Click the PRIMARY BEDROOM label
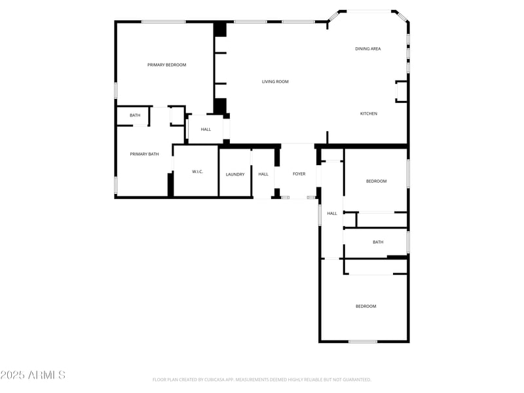(166, 65)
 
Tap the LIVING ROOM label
(275, 82)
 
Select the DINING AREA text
(367, 48)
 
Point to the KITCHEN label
(369, 114)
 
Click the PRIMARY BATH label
(144, 154)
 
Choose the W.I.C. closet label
(197, 172)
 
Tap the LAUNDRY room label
(235, 174)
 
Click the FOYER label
(299, 174)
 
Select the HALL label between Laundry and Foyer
(263, 174)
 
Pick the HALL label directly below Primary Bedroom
(206, 129)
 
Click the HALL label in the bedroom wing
(332, 214)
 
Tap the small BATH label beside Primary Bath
(135, 115)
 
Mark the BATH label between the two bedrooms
(378, 242)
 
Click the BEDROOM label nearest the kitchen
(376, 181)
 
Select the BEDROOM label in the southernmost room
(365, 307)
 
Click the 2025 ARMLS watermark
(33, 375)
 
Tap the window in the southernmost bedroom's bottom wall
(362, 341)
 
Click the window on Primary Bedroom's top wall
(163, 22)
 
